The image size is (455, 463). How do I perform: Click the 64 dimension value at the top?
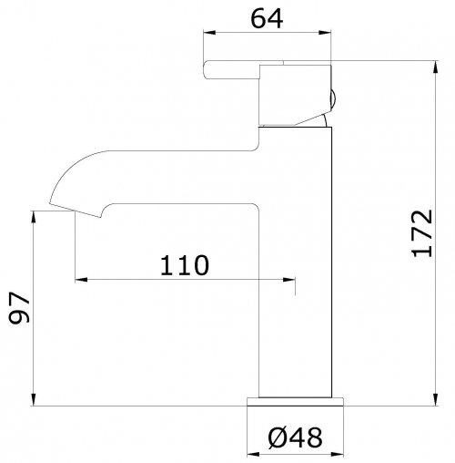click(x=267, y=19)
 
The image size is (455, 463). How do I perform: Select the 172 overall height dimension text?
click(x=421, y=233)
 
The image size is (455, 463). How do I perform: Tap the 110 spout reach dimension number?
click(x=185, y=265)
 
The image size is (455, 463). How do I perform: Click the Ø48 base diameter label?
click(x=295, y=437)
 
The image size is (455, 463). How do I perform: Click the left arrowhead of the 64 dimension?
click(x=209, y=33)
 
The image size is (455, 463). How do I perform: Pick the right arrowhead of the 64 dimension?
click(x=325, y=33)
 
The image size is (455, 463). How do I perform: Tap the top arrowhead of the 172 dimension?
click(x=436, y=67)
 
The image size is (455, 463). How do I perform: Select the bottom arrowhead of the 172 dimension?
click(x=436, y=399)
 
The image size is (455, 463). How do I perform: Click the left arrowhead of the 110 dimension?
click(x=81, y=280)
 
